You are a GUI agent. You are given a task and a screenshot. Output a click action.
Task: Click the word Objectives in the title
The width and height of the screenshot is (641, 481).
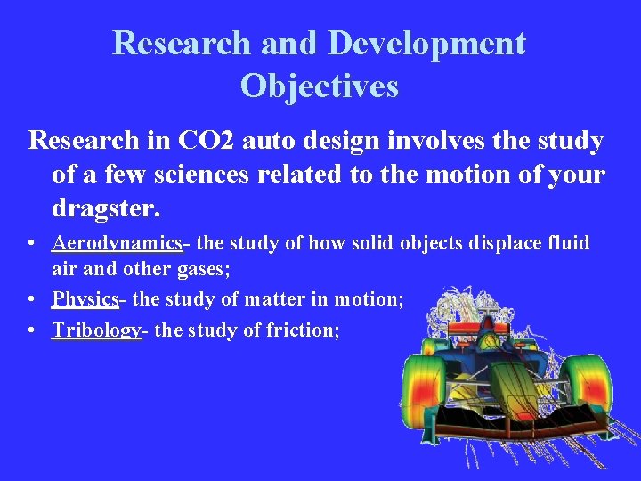click(x=319, y=86)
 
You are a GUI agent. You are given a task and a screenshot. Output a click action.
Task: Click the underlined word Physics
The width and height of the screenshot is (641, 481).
click(x=85, y=299)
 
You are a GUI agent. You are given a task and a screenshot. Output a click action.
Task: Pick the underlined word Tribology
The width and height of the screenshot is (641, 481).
click(x=96, y=330)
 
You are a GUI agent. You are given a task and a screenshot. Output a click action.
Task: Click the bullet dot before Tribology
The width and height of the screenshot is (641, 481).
click(x=32, y=331)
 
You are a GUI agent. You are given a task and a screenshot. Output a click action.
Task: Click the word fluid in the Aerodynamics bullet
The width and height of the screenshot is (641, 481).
click(x=569, y=243)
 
